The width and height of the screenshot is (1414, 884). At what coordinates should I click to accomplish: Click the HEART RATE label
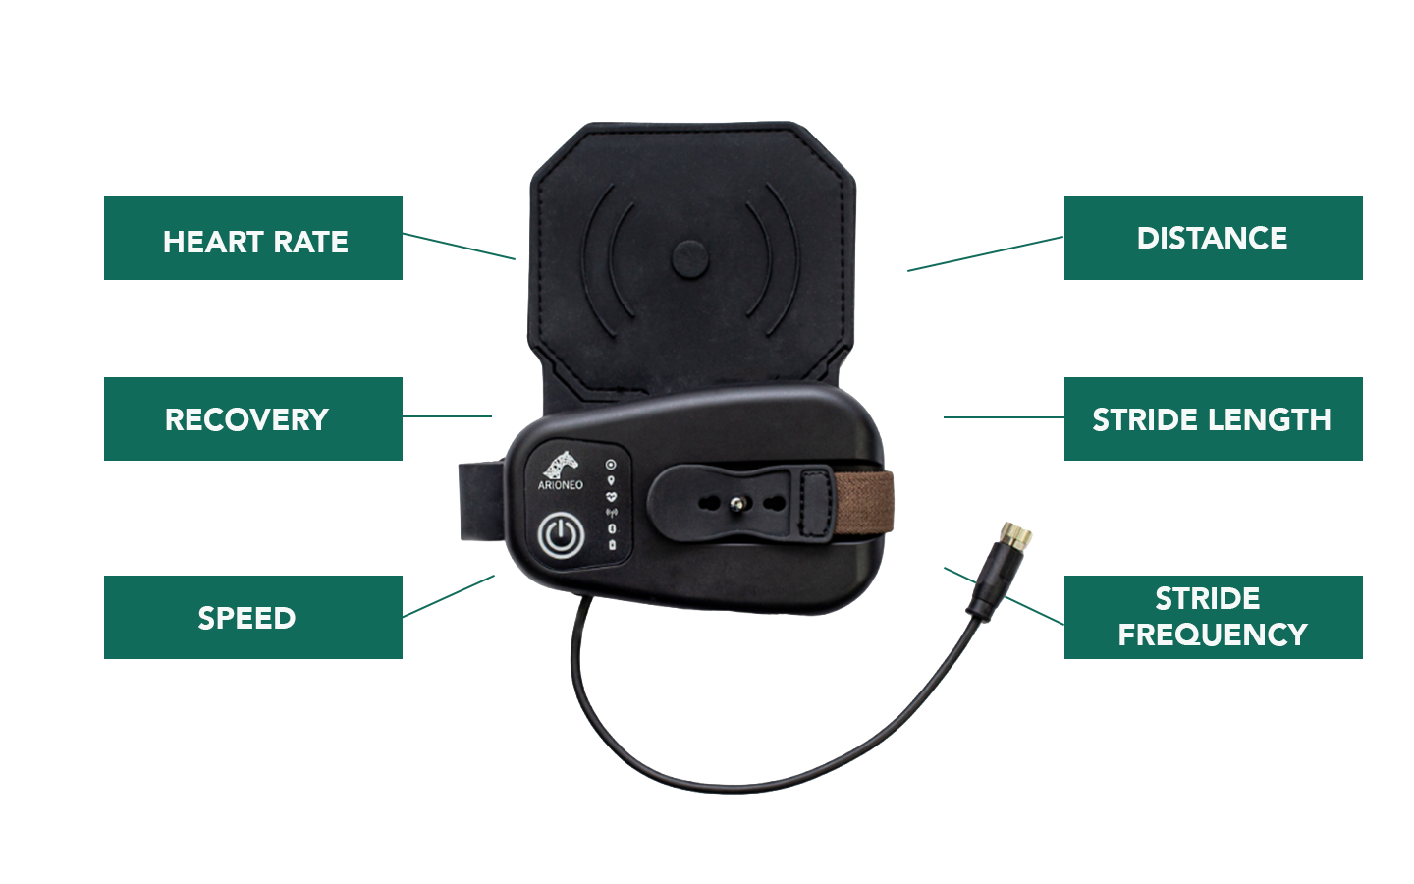point(255,242)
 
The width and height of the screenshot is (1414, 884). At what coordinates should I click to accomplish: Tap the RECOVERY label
point(246,419)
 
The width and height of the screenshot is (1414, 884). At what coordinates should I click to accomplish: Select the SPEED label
point(246,618)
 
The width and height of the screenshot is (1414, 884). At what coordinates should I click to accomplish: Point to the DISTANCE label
point(1212,238)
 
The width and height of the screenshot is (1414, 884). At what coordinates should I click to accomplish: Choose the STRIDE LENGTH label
point(1212,419)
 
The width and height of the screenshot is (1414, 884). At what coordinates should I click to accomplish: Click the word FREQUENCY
point(1213,635)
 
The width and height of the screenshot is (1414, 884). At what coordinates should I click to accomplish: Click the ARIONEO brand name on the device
point(560,485)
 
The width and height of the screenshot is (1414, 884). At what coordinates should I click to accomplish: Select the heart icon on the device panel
point(611,497)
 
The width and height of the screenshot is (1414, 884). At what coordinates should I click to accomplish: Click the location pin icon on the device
point(611,480)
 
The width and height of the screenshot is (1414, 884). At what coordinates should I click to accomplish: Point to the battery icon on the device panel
point(611,545)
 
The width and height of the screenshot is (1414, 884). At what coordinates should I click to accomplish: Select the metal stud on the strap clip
point(735,504)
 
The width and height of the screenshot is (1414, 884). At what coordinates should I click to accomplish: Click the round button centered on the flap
point(689,259)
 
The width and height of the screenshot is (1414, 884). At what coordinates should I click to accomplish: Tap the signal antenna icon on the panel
point(611,513)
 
